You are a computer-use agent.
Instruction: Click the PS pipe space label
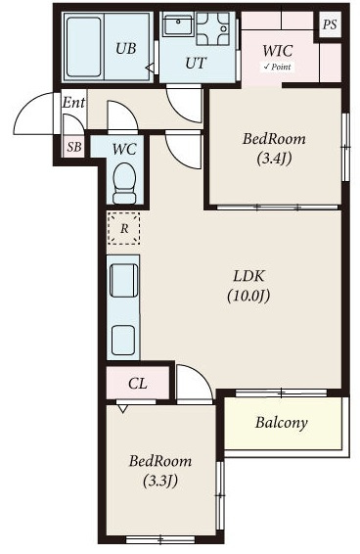(330, 24)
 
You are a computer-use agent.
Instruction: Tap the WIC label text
(278, 51)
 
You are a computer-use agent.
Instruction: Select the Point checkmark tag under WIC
(278, 67)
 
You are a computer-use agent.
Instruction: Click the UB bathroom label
(126, 48)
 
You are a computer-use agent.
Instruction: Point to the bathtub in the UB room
(84, 47)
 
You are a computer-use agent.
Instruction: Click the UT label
(196, 64)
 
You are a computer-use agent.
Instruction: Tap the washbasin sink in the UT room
(178, 24)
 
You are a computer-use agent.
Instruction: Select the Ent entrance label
(73, 103)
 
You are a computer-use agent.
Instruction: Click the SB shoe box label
(74, 147)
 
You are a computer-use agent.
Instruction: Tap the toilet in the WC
(124, 183)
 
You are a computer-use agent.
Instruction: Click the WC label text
(124, 149)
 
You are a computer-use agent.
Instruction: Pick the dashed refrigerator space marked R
(123, 228)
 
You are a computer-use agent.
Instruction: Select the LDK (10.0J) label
(248, 286)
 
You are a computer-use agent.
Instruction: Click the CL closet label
(138, 384)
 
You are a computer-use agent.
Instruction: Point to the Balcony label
(282, 423)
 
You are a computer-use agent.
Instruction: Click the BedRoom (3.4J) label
(274, 149)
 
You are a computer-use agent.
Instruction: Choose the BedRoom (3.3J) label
(160, 471)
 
